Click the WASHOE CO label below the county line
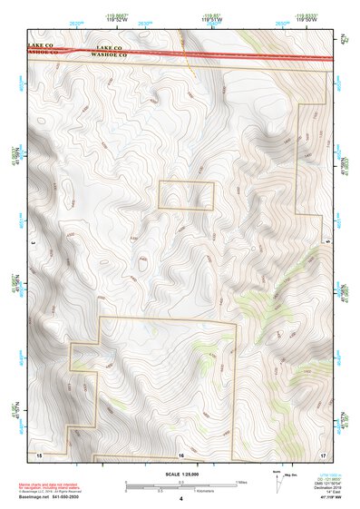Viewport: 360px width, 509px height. [44, 52]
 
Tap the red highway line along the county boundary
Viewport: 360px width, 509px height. [227, 56]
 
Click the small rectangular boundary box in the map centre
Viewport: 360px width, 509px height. [187, 196]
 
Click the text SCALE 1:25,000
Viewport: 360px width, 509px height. [180, 473]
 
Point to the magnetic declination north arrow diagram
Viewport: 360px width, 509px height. [277, 480]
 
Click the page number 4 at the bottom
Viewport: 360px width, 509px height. [180, 498]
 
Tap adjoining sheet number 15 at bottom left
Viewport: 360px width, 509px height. [38, 453]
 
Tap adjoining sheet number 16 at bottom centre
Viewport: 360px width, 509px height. [180, 453]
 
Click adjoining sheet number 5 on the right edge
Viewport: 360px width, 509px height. [327, 243]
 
